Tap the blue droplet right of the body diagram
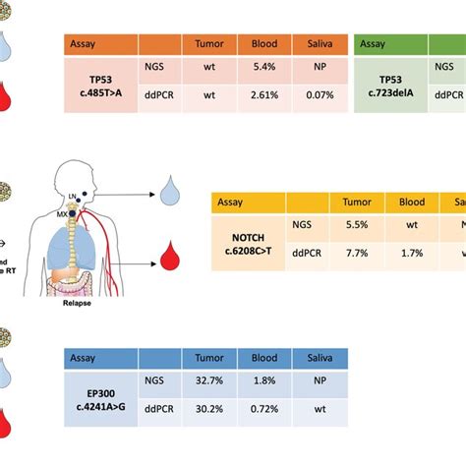click(175, 198)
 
